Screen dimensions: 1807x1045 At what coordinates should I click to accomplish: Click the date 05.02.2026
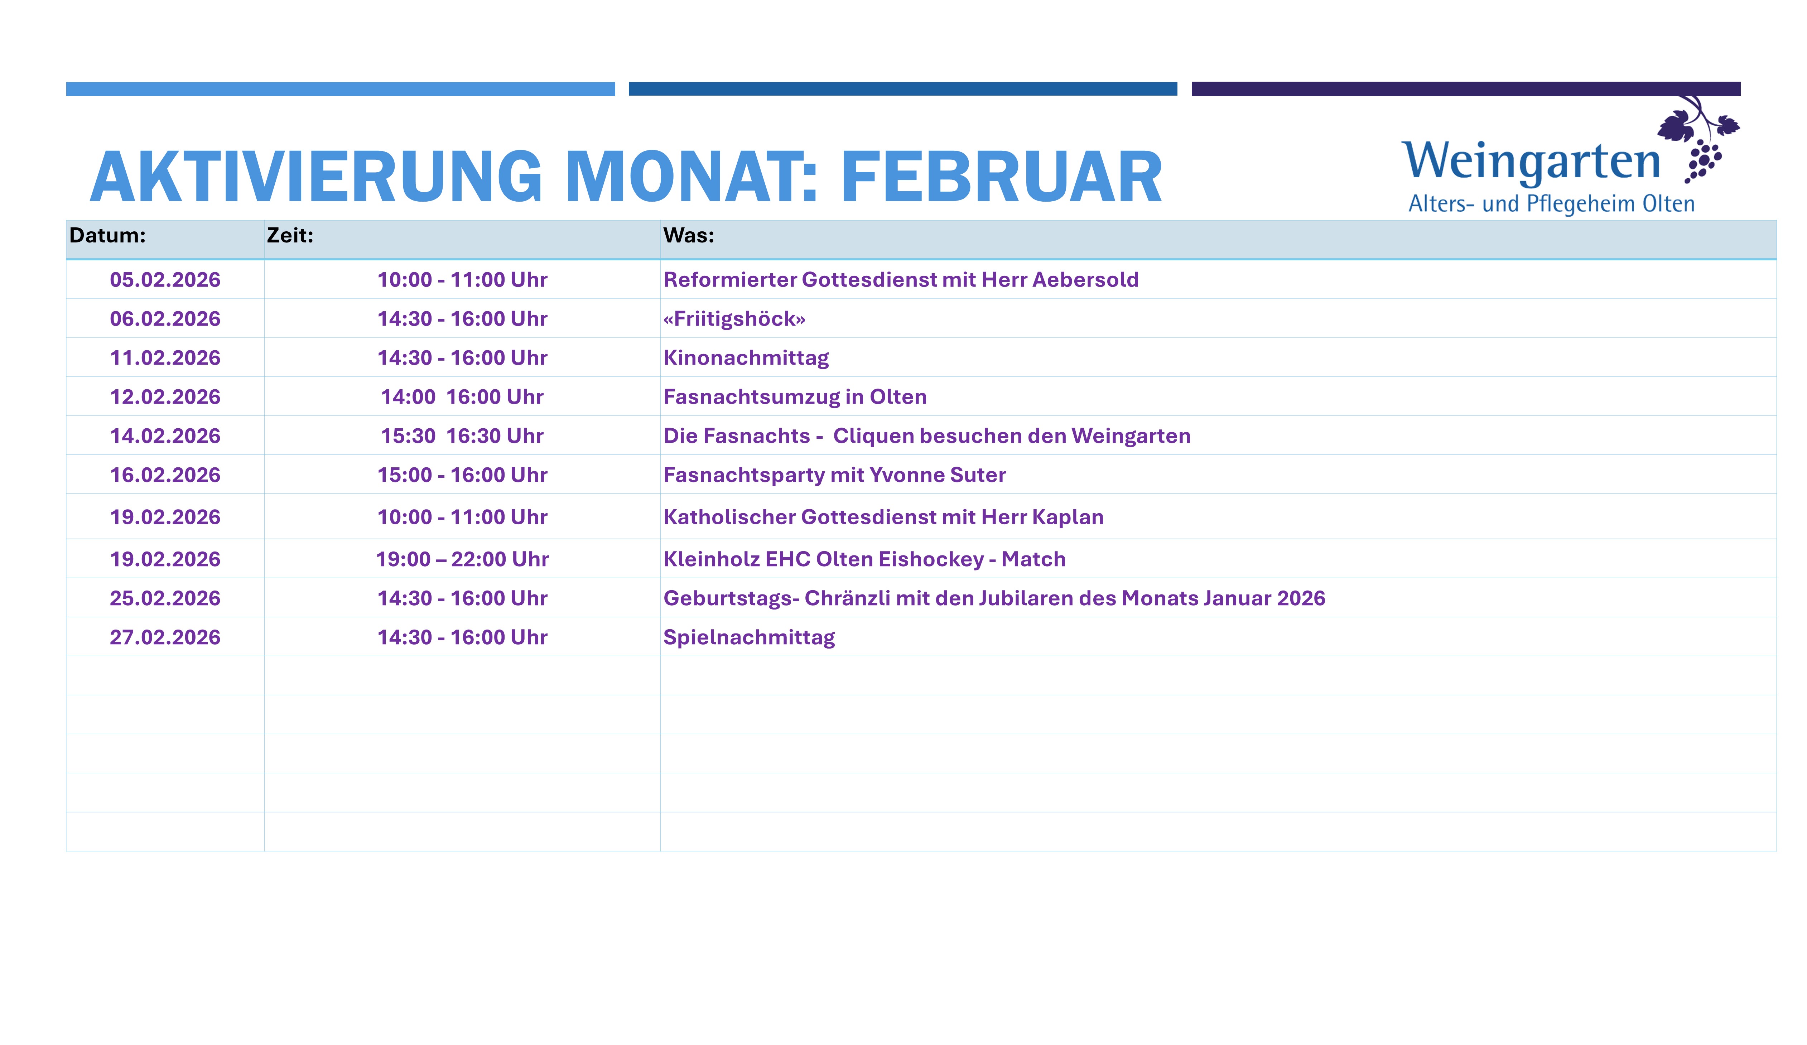pyautogui.click(x=165, y=280)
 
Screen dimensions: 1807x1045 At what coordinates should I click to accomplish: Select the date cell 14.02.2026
pyautogui.click(x=165, y=436)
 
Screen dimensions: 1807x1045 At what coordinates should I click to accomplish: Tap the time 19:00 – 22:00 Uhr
pyautogui.click(x=463, y=559)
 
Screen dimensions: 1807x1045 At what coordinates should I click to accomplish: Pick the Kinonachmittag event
pyautogui.click(x=746, y=358)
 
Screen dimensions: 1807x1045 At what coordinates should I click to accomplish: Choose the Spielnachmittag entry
pyautogui.click(x=749, y=637)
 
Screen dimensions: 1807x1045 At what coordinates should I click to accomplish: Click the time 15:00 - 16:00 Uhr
pyautogui.click(x=463, y=475)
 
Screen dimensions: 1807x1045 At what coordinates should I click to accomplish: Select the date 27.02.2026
pyautogui.click(x=165, y=637)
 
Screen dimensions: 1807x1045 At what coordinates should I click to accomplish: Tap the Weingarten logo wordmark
pyautogui.click(x=1531, y=162)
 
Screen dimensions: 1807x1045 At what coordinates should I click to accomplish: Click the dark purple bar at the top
pyautogui.click(x=1466, y=89)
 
